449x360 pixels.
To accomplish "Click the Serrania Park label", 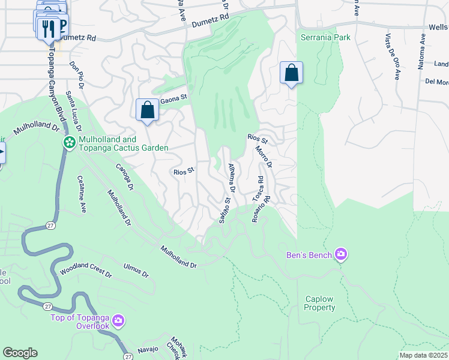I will tap(325, 37).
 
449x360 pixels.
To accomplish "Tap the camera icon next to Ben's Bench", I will tap(341, 255).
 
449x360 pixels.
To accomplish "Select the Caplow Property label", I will tap(319, 303).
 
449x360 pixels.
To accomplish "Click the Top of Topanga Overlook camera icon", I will tap(118, 321).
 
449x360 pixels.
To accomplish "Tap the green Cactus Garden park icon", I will tap(69, 143).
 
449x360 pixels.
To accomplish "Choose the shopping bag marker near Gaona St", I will tap(147, 110).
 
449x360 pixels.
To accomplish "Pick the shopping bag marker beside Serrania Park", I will tap(291, 73).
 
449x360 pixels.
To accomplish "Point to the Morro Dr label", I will tap(264, 157).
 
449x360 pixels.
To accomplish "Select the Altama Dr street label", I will tap(232, 178).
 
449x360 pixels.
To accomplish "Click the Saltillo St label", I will tap(224, 213).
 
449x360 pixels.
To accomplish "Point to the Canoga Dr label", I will tap(127, 178).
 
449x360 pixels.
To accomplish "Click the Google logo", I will tap(20, 353).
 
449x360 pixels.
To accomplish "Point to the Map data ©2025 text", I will tap(423, 355).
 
